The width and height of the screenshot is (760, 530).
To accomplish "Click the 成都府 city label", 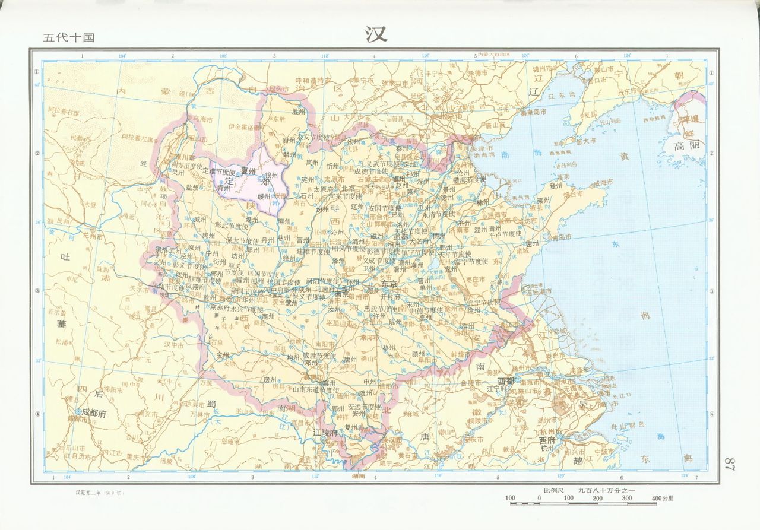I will pos(94,412).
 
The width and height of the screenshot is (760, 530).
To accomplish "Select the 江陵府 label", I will pos(325,433).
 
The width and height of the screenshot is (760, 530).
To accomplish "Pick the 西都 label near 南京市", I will pos(506,380).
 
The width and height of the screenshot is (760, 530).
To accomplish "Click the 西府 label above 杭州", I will pos(547,441).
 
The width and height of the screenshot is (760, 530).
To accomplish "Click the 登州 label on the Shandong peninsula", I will pos(539,186).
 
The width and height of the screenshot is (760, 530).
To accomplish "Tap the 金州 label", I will pos(223,355).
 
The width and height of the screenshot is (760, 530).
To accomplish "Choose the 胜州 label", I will pos(298,111).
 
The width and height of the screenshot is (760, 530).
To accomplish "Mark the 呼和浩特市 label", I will pos(313,80).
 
